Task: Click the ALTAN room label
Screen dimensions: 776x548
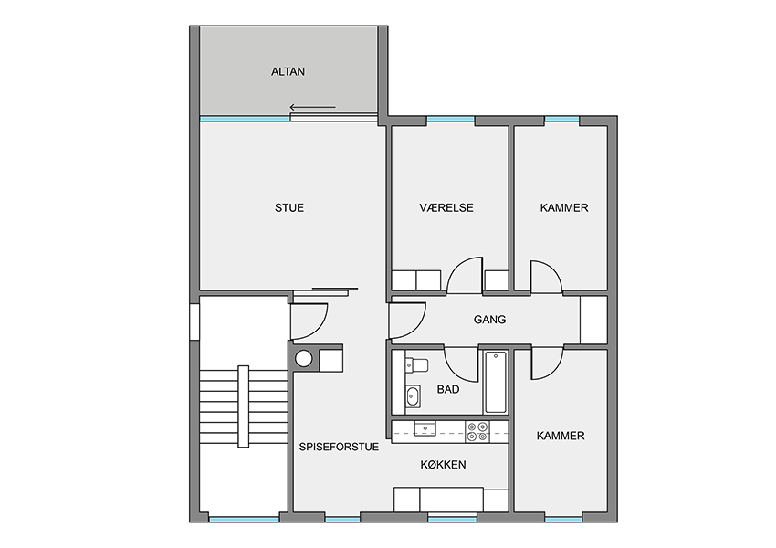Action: pyautogui.click(x=288, y=72)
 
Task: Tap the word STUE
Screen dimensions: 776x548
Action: pyautogui.click(x=289, y=208)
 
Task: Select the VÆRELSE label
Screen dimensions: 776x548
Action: pyautogui.click(x=446, y=208)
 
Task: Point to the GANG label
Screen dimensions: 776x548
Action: pyautogui.click(x=490, y=320)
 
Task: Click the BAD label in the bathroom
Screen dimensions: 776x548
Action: pyautogui.click(x=448, y=390)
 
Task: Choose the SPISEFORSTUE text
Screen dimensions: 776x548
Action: pyautogui.click(x=339, y=447)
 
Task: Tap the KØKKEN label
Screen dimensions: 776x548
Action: pyautogui.click(x=444, y=465)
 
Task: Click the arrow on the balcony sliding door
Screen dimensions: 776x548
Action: pyautogui.click(x=313, y=107)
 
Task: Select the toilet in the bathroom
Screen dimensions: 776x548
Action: pyautogui.click(x=416, y=364)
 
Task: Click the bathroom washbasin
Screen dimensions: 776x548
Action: pyautogui.click(x=413, y=396)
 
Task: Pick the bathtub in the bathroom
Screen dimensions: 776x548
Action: pyautogui.click(x=496, y=382)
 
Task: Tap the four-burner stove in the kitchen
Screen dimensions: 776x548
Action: pyautogui.click(x=477, y=431)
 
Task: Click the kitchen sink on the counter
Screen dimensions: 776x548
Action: pyautogui.click(x=425, y=428)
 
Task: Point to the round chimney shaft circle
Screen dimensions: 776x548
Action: pyautogui.click(x=304, y=358)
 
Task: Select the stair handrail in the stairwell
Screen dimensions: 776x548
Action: pyautogui.click(x=244, y=406)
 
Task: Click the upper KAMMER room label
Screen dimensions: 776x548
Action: pyautogui.click(x=564, y=208)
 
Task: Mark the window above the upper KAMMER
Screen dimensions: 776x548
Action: pyautogui.click(x=561, y=120)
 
